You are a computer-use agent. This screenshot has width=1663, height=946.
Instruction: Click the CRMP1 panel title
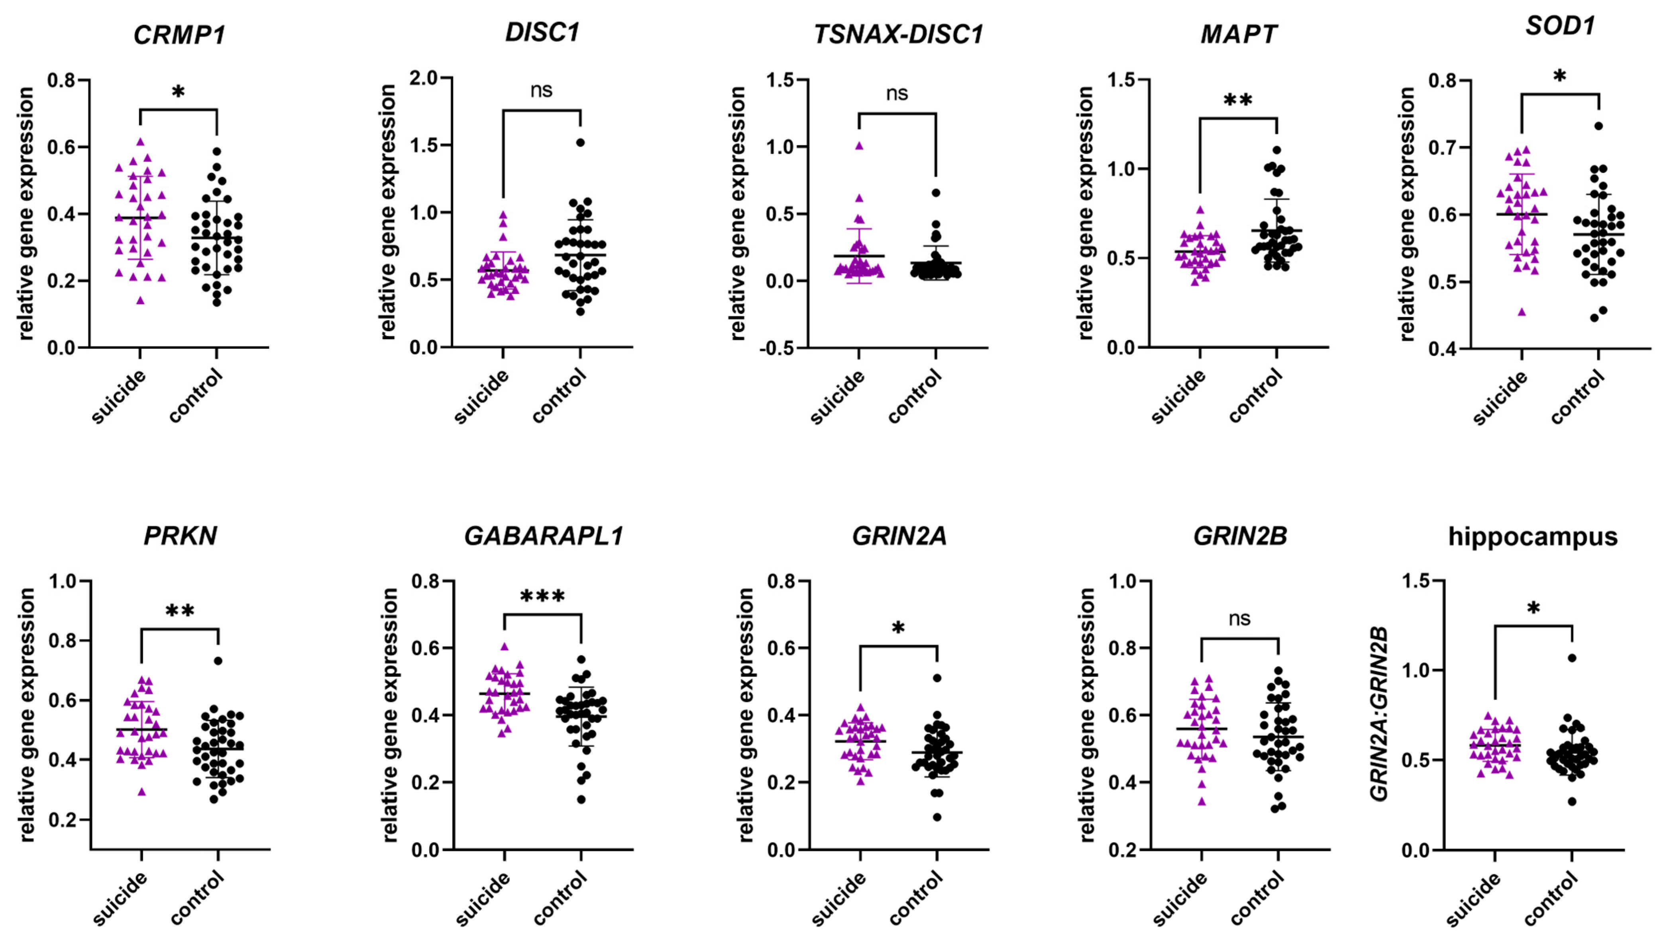[179, 34]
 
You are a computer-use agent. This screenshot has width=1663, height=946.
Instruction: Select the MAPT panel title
[1239, 34]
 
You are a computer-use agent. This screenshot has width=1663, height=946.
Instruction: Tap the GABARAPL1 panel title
[544, 536]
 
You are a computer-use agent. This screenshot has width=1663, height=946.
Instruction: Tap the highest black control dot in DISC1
[580, 142]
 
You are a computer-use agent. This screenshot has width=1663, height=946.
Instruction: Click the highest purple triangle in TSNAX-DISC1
[859, 146]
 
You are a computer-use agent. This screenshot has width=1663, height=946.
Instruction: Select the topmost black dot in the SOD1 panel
[1598, 126]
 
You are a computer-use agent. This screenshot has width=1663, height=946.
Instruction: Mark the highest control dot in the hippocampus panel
[1572, 657]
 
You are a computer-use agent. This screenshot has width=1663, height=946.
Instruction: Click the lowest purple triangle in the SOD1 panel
[1521, 312]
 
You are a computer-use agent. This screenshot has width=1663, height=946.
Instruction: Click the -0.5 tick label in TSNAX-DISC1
[779, 348]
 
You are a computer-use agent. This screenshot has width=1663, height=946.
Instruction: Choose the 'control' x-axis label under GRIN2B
[1256, 899]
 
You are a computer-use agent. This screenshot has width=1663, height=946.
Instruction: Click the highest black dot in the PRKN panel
[218, 661]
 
